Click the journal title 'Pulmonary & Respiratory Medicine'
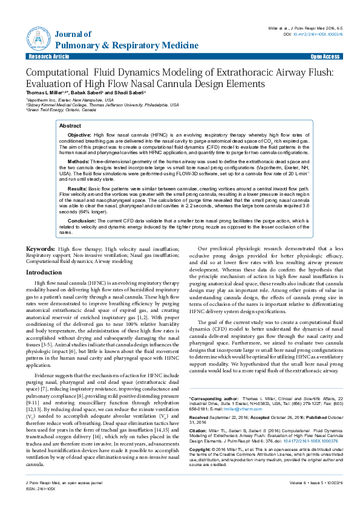(126, 45)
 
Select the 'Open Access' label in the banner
(325, 57)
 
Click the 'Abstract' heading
(70, 125)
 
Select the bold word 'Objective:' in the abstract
(79, 134)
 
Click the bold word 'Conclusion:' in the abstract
(82, 221)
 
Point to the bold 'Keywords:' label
(41, 249)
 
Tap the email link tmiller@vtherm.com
(241, 410)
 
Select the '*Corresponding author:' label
(214, 400)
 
